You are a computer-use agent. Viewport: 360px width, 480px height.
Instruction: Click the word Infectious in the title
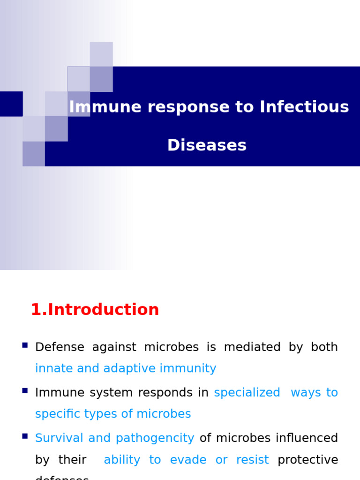coord(304,107)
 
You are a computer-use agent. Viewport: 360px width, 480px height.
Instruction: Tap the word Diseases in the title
coord(207,145)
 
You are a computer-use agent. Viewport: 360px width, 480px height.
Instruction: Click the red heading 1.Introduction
coord(95,310)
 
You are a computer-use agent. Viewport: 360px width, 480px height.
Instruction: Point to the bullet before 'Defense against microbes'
coord(25,345)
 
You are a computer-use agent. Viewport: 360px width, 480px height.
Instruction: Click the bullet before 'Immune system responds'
coord(25,390)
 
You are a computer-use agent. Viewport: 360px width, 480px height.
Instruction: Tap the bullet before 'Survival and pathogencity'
coord(25,436)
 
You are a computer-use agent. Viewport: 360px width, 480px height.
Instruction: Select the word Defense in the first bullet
coord(60,347)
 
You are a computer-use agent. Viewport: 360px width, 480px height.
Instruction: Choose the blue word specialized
coord(247,393)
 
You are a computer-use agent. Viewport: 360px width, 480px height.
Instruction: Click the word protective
coord(307,460)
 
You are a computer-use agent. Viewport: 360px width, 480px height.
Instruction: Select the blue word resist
coord(252,460)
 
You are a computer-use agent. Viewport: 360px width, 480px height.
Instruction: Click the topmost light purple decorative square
coord(101,54)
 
